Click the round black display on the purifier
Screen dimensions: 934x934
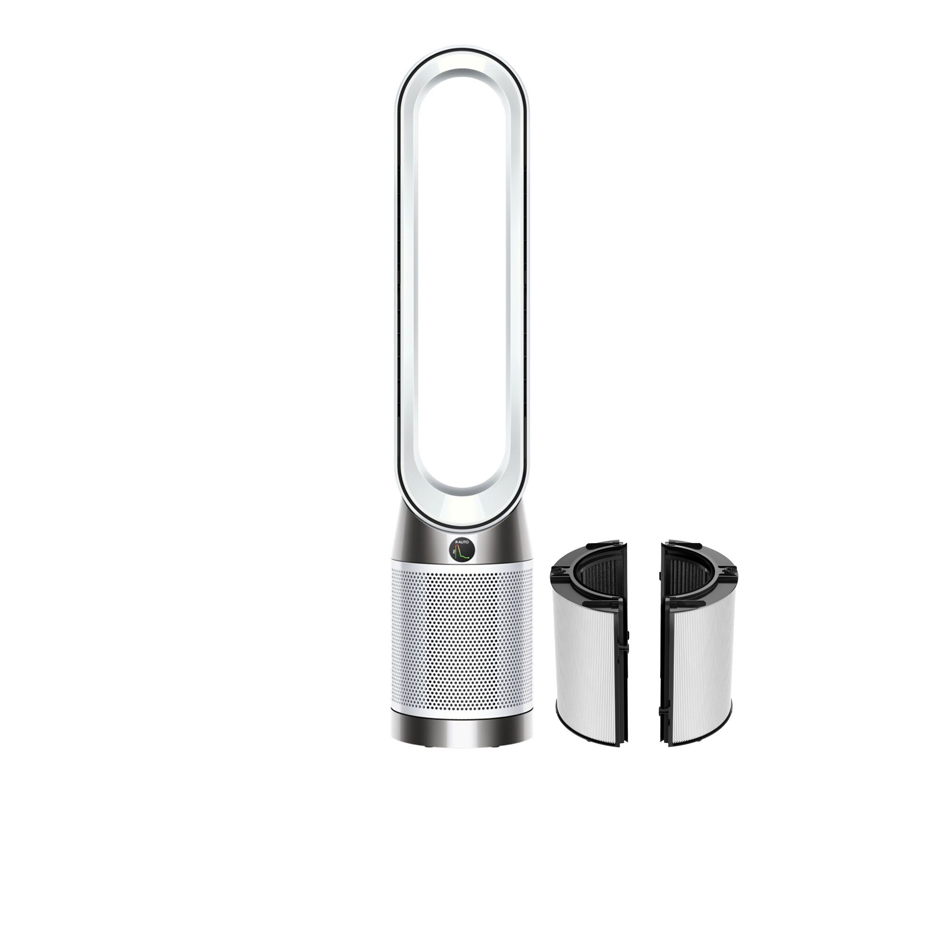(461, 550)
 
